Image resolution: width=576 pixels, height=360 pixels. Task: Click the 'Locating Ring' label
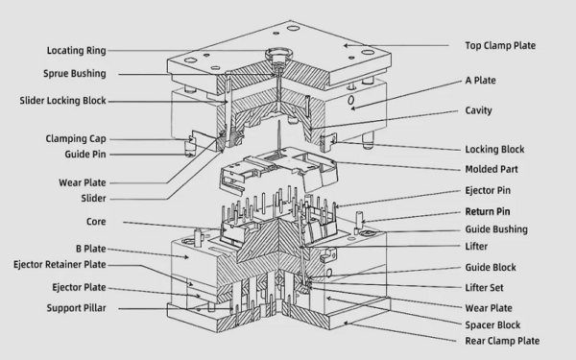point(76,50)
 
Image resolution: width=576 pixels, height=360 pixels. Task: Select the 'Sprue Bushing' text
point(75,74)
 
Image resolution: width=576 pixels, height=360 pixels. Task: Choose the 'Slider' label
point(93,199)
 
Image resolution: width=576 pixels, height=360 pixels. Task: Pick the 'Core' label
point(96,223)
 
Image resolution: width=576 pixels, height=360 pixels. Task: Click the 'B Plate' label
point(87,248)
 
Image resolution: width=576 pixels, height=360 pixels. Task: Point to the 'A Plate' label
point(480,82)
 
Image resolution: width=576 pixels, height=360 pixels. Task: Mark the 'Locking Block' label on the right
point(493,150)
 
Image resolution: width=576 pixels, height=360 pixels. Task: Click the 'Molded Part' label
point(492,169)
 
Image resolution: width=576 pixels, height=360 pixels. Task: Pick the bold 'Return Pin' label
point(488,211)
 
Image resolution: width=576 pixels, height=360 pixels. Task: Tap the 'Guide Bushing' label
point(495,229)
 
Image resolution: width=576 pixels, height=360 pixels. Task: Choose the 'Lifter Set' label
point(487,287)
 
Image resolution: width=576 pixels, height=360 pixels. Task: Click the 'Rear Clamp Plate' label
point(502,341)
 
